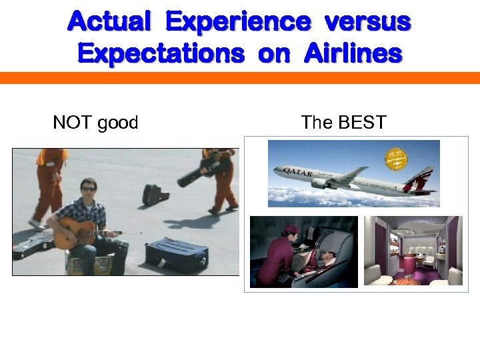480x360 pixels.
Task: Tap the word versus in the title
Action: [x=367, y=22]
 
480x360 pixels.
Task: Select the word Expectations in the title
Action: [x=161, y=53]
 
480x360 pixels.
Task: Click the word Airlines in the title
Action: [x=353, y=53]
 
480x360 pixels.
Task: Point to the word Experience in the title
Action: [x=237, y=22]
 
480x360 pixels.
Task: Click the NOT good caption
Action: [x=95, y=123]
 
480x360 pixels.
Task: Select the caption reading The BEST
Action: [x=343, y=123]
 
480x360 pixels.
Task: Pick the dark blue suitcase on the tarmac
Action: [x=177, y=255]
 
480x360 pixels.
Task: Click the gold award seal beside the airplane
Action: [x=397, y=161]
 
